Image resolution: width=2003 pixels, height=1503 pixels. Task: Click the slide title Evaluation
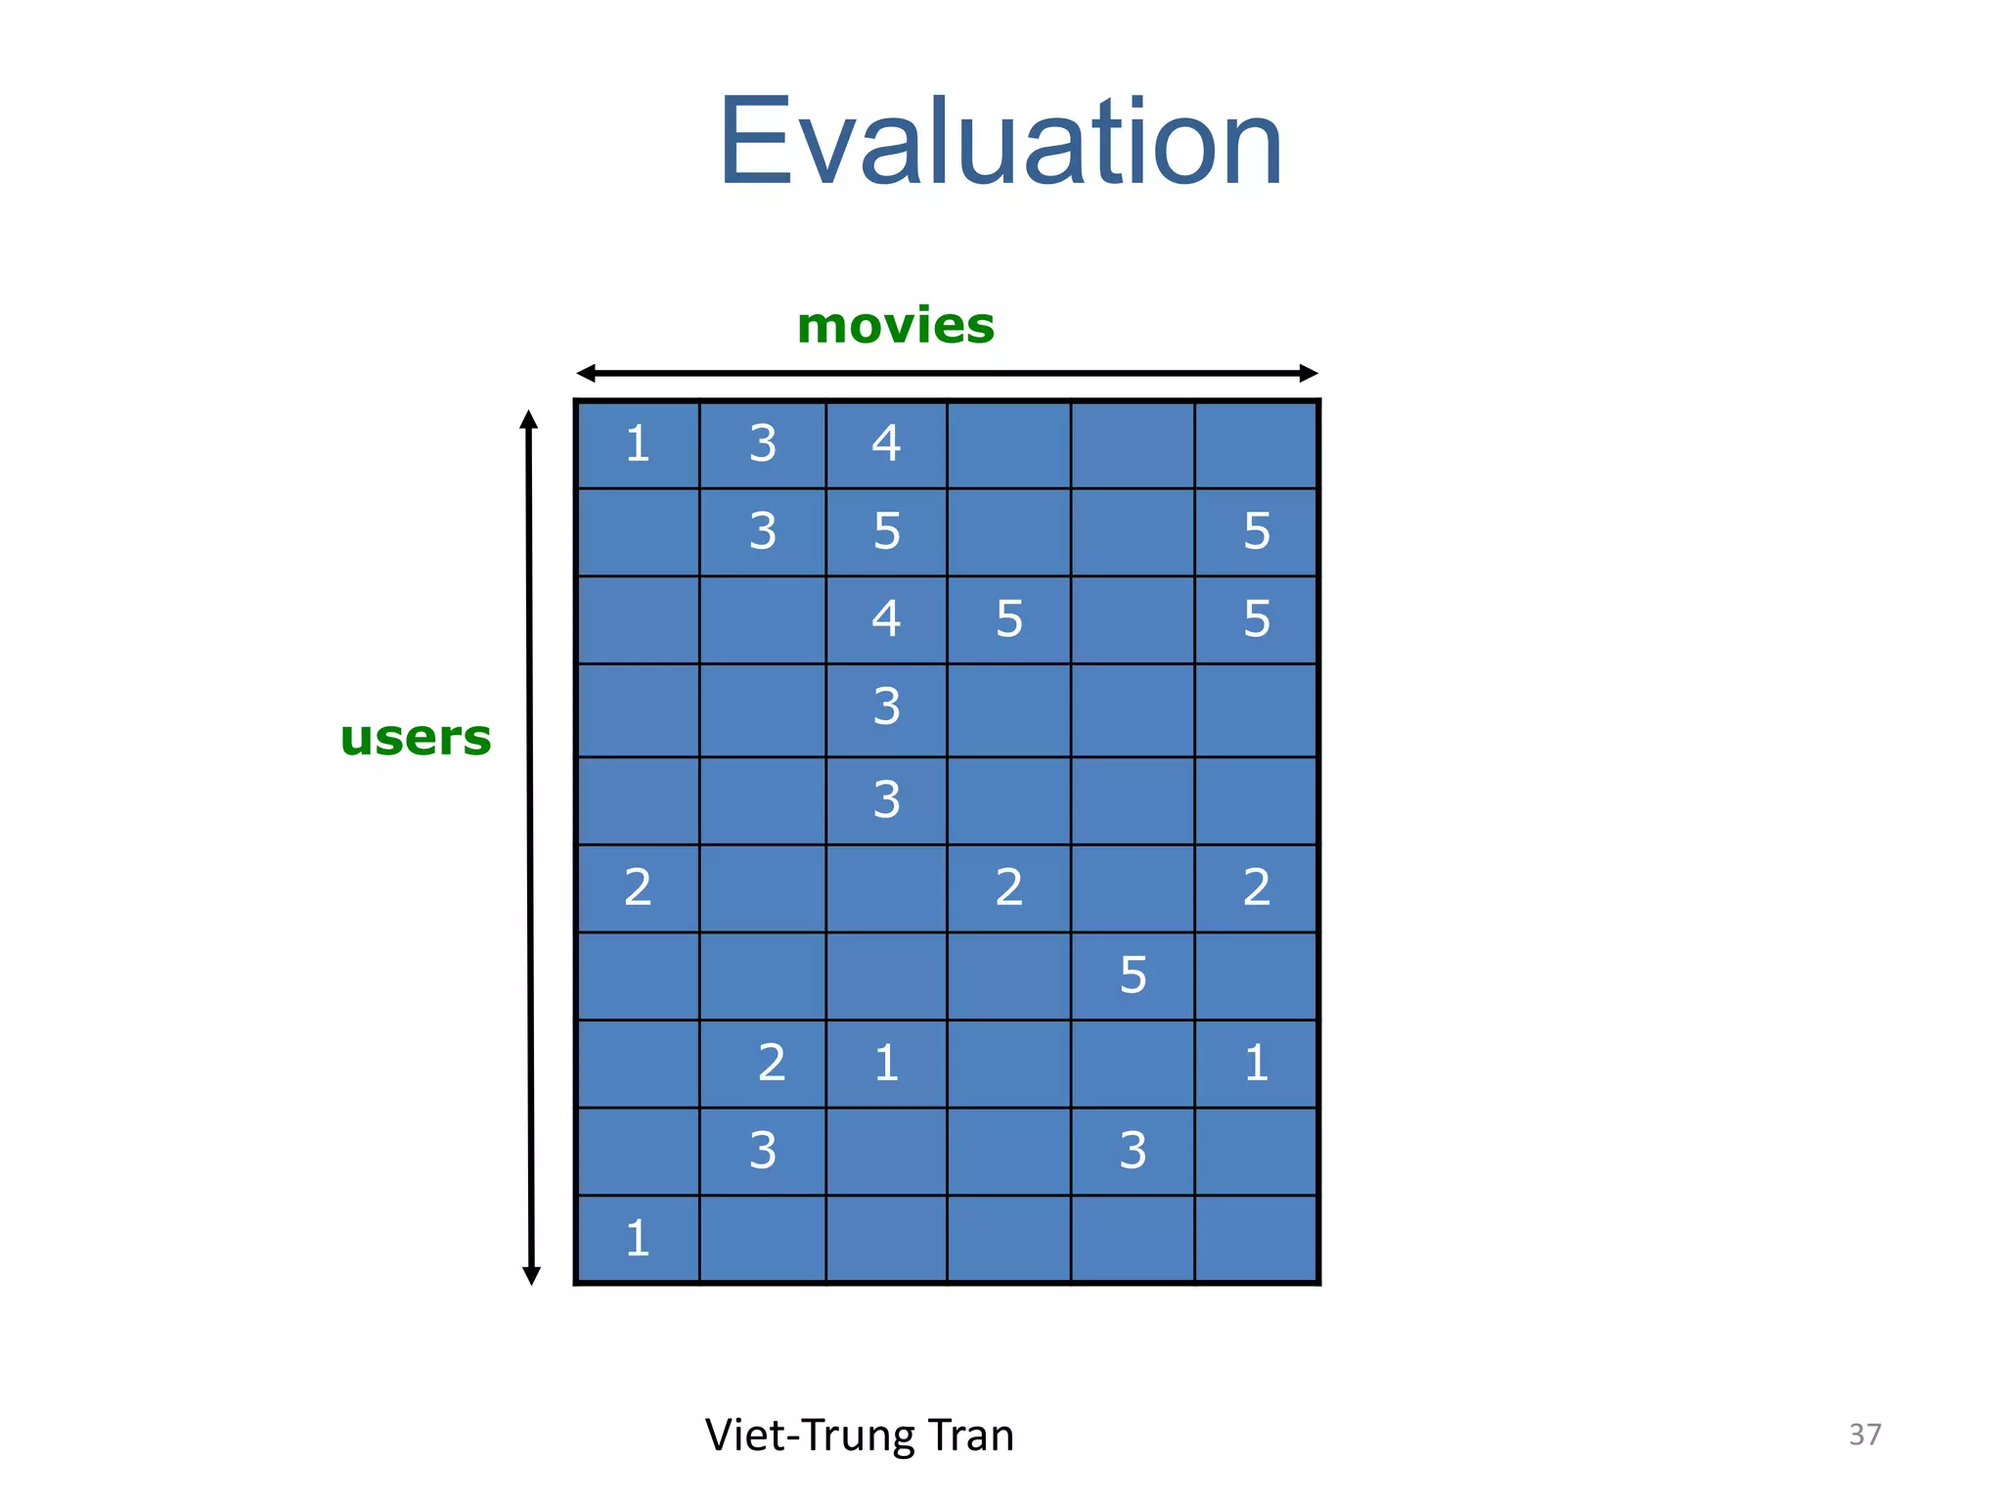click(x=1000, y=142)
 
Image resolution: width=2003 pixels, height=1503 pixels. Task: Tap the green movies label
click(x=895, y=326)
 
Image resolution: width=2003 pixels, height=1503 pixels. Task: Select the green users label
click(x=416, y=738)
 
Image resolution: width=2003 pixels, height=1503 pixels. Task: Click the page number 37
click(x=1864, y=1435)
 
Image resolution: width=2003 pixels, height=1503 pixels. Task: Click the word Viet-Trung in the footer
click(x=810, y=1435)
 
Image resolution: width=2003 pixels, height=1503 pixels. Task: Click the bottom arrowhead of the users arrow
click(x=531, y=1274)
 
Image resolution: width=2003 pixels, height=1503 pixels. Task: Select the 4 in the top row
click(x=886, y=443)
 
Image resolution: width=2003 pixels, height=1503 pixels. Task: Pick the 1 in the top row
click(x=638, y=444)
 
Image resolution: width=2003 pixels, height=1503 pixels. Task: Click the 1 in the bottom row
click(x=638, y=1239)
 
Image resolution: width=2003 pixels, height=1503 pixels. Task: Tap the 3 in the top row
click(x=763, y=444)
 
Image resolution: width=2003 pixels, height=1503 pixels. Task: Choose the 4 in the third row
click(x=886, y=618)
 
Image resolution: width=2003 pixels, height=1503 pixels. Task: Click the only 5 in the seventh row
click(x=1133, y=976)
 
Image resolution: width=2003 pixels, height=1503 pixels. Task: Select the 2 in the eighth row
click(x=772, y=1063)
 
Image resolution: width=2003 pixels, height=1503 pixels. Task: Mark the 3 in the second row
click(x=763, y=531)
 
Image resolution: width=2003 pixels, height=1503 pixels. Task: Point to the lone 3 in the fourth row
click(x=886, y=706)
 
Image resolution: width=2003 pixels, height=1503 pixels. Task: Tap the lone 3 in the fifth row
click(x=886, y=799)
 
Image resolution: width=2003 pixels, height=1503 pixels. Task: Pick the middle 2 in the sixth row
click(x=1009, y=888)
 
